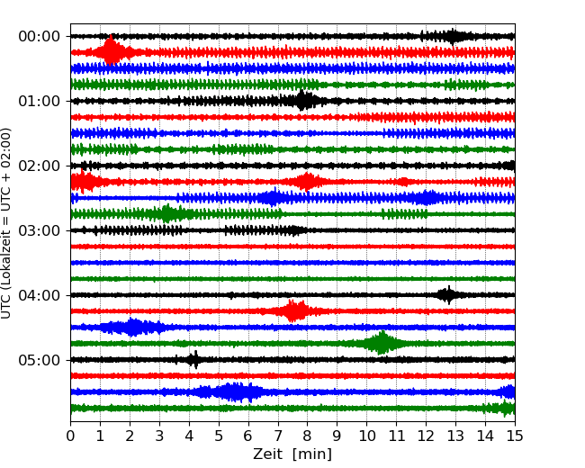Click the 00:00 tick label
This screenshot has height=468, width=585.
point(39,36)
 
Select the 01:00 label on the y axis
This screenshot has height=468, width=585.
point(39,101)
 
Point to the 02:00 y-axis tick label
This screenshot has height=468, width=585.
point(39,166)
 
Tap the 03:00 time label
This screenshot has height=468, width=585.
point(39,230)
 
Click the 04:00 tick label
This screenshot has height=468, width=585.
point(39,295)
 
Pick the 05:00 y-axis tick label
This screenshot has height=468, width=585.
point(39,360)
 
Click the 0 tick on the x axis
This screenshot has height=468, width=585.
point(70,436)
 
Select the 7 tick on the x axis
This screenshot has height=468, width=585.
point(277,436)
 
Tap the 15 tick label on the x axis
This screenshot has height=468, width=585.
point(514,436)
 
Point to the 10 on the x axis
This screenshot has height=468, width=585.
point(366,436)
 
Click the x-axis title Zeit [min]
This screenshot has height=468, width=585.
point(292,454)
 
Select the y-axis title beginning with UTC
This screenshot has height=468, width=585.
point(7,222)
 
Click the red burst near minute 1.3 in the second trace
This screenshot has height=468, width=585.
point(110,51)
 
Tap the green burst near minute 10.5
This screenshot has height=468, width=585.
point(381,343)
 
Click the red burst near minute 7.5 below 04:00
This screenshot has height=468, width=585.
point(293,310)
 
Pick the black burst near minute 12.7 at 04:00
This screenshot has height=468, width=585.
point(446,294)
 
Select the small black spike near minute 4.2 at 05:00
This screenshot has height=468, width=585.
point(193,360)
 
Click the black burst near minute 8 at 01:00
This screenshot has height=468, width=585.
point(305,100)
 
